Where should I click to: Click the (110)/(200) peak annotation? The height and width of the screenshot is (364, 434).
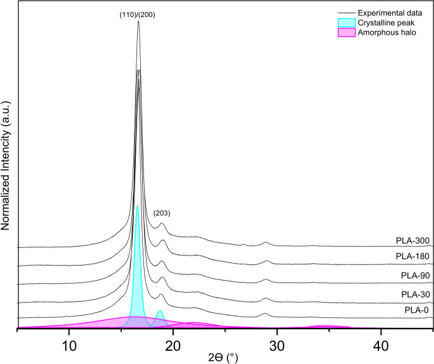138,15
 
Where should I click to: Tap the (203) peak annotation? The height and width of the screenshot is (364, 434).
162,213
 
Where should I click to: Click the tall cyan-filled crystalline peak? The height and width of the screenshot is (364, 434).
137,265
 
